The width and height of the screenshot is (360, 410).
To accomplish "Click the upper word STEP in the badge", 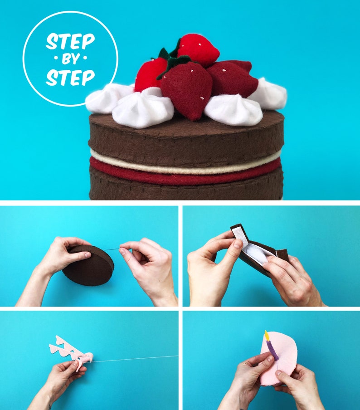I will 70,42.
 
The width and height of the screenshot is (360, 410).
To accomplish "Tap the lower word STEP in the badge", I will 70,77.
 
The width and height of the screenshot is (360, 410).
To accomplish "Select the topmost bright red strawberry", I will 198,49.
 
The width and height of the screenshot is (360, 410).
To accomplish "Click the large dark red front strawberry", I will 186,88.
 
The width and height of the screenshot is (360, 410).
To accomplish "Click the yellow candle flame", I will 267,335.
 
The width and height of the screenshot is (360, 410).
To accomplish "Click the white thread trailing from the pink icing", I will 136,359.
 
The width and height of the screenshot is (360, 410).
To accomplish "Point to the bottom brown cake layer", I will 186,190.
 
